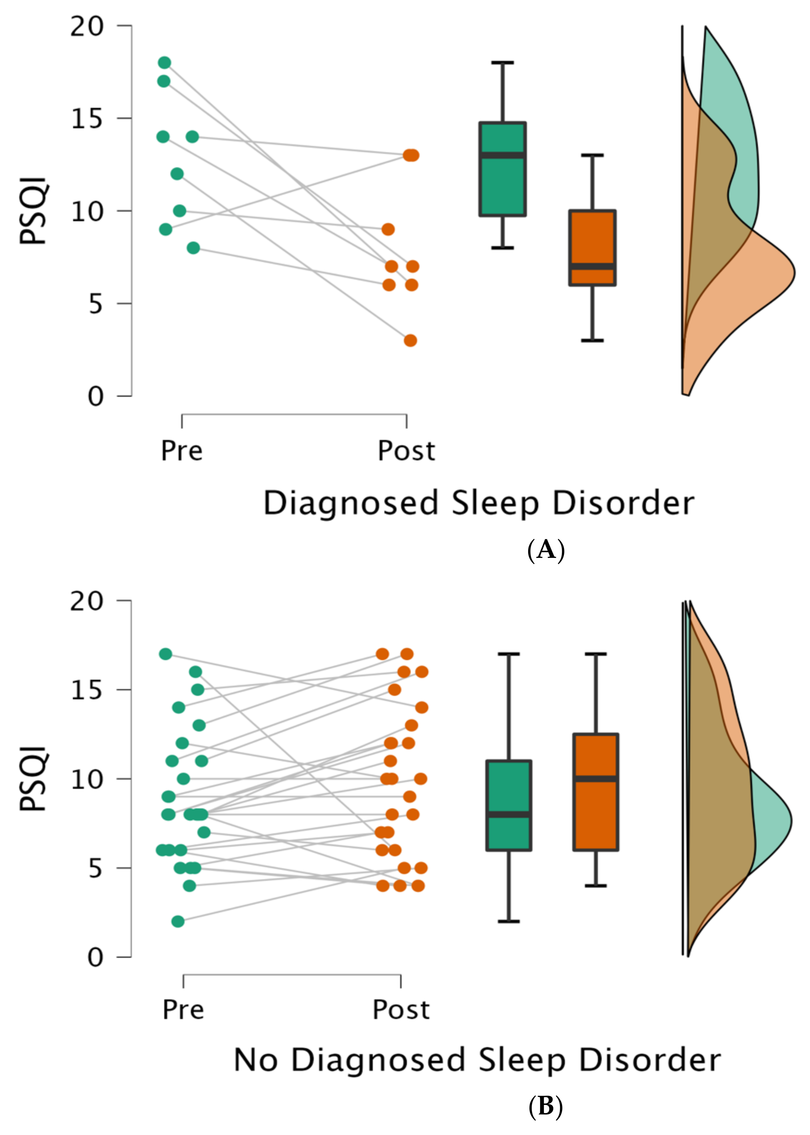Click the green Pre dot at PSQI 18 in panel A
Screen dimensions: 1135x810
tap(165, 63)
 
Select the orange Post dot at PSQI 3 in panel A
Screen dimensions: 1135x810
tap(410, 341)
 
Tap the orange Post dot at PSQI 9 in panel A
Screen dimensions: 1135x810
tap(388, 229)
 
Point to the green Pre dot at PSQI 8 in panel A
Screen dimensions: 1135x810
tap(193, 248)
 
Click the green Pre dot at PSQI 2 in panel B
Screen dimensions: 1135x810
tap(178, 921)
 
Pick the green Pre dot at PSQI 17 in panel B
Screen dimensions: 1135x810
tap(166, 654)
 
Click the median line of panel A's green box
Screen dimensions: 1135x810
tap(502, 155)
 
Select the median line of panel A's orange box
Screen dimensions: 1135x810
tap(592, 266)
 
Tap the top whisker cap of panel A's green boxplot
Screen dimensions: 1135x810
tap(502, 63)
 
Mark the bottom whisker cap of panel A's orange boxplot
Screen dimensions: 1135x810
tap(592, 341)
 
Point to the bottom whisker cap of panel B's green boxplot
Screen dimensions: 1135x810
tap(509, 921)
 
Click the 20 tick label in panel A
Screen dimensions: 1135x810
tap(87, 26)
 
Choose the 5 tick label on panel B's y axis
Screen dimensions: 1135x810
tap(96, 868)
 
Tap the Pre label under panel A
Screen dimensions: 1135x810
tap(182, 451)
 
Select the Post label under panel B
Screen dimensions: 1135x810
tap(401, 1010)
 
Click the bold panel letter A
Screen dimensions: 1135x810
tap(546, 550)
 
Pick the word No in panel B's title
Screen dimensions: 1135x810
tap(255, 1060)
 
